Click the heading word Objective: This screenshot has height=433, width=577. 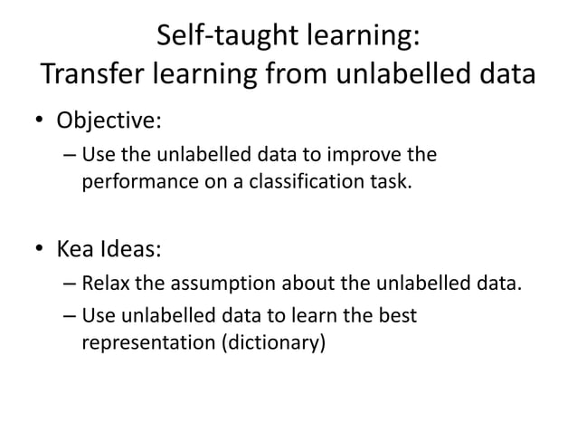click(107, 120)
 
